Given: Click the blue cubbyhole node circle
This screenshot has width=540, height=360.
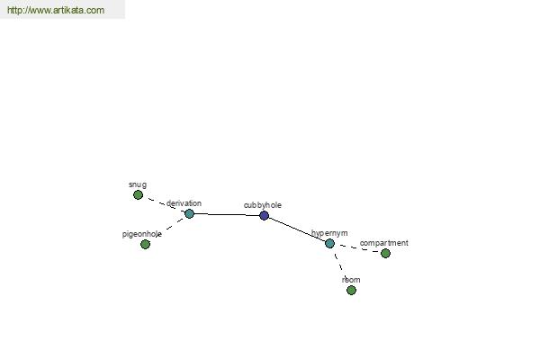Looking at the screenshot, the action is [x=264, y=216].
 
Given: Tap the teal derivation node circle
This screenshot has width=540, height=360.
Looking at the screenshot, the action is [x=189, y=213].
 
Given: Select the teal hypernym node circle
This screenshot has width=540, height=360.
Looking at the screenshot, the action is [x=329, y=243].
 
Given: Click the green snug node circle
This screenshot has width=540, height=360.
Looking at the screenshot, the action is [x=138, y=195].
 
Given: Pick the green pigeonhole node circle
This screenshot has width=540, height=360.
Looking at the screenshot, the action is [x=145, y=244].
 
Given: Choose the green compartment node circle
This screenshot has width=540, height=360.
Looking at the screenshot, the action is [x=386, y=253].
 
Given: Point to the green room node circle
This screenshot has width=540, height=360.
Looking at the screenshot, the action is [x=351, y=290].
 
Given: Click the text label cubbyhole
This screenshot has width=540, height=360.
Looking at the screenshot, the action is [x=263, y=205].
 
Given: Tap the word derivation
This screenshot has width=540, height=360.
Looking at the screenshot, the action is [x=184, y=203].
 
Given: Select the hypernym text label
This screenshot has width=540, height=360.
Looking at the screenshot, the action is [x=329, y=233].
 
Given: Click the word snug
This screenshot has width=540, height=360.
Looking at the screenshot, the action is [x=138, y=184].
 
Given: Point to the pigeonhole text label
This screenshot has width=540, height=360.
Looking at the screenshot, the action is [x=142, y=234].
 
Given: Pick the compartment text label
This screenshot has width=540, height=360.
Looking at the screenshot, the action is [x=384, y=243].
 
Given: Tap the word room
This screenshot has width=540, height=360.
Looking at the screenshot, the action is [x=351, y=280].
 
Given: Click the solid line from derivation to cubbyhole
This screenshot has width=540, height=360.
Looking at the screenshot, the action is [x=227, y=214].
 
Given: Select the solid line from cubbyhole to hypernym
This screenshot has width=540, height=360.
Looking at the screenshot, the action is [x=297, y=229].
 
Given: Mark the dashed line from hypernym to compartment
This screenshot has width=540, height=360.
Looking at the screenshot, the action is [x=357, y=248].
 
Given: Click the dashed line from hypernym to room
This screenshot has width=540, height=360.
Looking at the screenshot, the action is [x=340, y=266].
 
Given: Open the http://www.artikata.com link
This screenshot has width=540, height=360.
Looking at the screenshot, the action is [x=56, y=10].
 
